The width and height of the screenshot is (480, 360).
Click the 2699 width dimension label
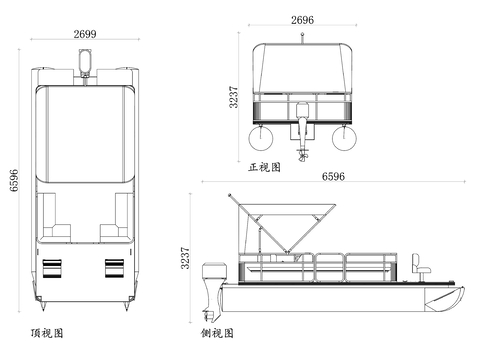[x=85, y=34]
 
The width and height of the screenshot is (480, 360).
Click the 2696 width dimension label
[x=302, y=20]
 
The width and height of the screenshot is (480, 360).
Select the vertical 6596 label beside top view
[x=14, y=180]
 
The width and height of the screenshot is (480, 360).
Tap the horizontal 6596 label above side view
[x=333, y=176]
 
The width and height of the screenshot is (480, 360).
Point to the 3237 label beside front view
[x=234, y=97]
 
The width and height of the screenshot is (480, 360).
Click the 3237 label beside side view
[x=185, y=258]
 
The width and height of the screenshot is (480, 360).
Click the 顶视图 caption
[x=47, y=333]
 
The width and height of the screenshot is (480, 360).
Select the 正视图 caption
[x=264, y=167]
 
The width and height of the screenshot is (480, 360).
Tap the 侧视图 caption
[x=217, y=333]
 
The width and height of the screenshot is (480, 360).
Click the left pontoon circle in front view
[x=261, y=137]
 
